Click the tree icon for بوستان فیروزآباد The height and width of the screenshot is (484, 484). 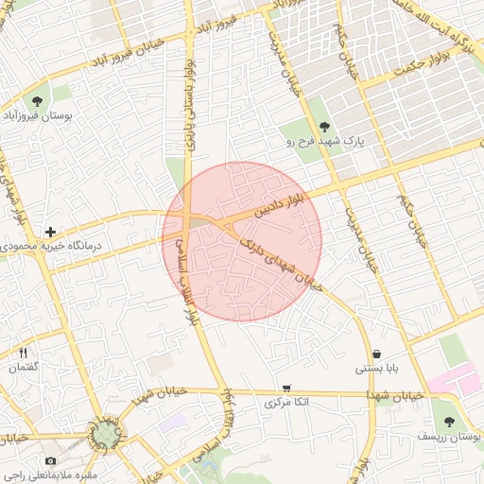point(37,101)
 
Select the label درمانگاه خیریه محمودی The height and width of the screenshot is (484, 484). point(50,247)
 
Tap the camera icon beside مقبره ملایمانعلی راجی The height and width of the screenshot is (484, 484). point(49,460)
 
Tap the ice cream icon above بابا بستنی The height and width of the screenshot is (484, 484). point(377,354)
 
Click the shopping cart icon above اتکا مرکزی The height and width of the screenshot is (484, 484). point(286,388)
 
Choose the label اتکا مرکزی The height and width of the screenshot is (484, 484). point(285,403)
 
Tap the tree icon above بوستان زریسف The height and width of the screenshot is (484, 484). point(448,423)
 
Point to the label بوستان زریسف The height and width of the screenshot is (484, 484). point(448,438)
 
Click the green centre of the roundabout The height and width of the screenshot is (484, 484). point(106,435)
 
